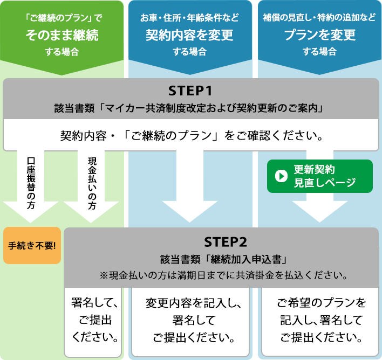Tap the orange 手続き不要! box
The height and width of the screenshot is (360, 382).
(x=32, y=245)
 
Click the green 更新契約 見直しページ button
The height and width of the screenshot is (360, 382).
(x=320, y=176)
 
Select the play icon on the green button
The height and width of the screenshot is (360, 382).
(x=282, y=176)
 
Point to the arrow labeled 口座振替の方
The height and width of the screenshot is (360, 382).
(x=31, y=189)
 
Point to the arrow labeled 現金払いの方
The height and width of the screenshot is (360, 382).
(x=91, y=189)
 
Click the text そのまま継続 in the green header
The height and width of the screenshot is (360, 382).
(x=63, y=36)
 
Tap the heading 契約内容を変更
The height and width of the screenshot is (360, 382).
(x=189, y=36)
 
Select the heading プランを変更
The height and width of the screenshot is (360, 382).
(x=319, y=36)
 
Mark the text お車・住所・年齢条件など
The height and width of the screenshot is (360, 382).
(x=189, y=18)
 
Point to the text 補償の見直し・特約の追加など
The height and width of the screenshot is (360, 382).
(x=319, y=18)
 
